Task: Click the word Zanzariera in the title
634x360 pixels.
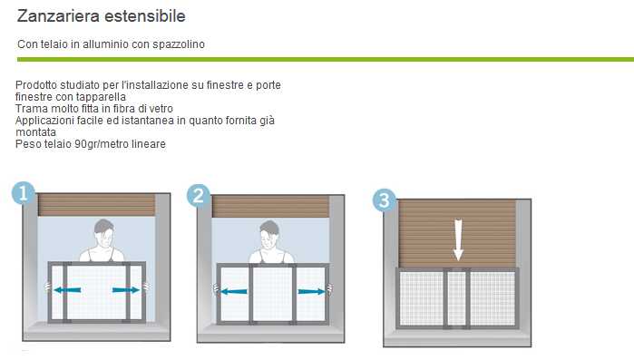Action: pos(58,16)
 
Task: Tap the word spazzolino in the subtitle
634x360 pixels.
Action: pos(179,44)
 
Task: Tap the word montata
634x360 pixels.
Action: pos(35,132)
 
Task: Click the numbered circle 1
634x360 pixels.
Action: pos(23,193)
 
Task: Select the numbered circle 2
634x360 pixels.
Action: pos(198,196)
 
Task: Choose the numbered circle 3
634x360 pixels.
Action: pos(384,200)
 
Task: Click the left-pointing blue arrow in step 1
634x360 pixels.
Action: pos(67,289)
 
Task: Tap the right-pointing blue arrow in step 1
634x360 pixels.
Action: pos(126,289)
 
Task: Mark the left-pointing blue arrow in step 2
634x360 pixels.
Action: pos(234,291)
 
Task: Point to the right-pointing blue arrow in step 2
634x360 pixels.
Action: pos(311,291)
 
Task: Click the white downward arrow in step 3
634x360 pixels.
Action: pos(458,239)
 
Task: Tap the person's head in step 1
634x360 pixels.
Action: pos(104,232)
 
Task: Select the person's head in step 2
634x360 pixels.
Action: pos(269,233)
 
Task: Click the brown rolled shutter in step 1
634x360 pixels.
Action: pos(97,204)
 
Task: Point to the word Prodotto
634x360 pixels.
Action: pos(34,85)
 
